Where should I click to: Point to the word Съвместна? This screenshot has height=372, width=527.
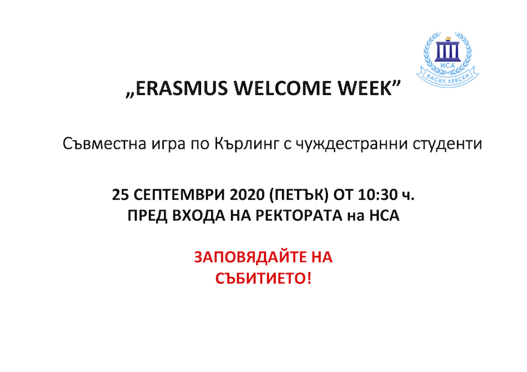click(105, 144)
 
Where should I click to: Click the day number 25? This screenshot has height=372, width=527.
click(120, 195)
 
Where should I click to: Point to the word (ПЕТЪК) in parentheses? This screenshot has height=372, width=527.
click(299, 195)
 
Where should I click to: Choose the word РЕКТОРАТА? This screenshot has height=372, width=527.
click(299, 216)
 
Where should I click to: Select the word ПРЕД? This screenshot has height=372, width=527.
click(147, 216)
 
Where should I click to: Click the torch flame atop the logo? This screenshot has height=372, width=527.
click(448, 39)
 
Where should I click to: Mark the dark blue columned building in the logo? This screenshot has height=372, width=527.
click(448, 51)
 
